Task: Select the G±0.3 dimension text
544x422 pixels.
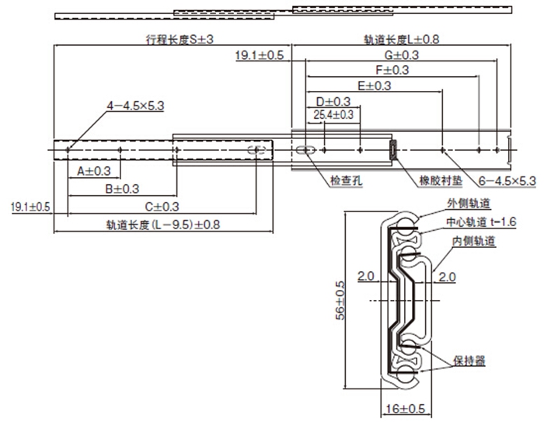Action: click(x=401, y=55)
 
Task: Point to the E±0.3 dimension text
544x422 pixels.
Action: click(x=374, y=85)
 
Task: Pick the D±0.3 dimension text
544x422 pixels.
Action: click(x=333, y=101)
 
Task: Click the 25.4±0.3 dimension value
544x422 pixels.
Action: click(x=333, y=115)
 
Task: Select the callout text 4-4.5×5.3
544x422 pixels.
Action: click(x=136, y=105)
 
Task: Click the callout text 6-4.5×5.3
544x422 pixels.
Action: click(x=506, y=180)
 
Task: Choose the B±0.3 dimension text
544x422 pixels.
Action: click(x=122, y=189)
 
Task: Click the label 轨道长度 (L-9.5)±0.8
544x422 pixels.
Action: click(x=163, y=225)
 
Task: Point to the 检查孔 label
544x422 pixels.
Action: click(x=345, y=180)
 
